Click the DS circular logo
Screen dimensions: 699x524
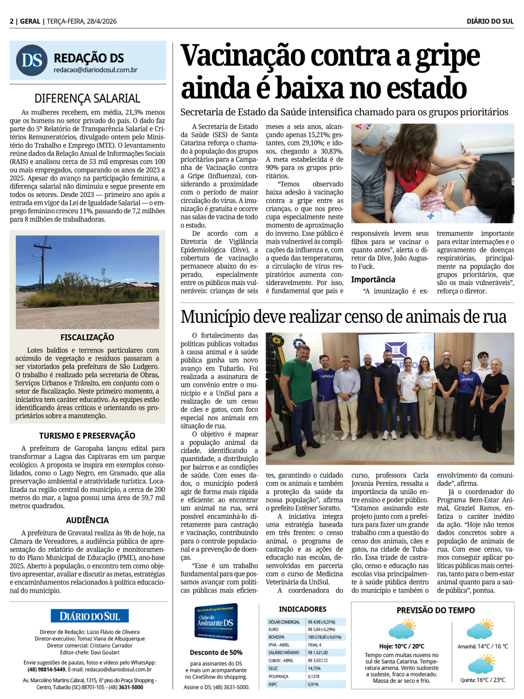[31, 60]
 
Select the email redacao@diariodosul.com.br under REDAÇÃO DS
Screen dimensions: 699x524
[95, 70]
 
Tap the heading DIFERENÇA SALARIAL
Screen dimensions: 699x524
[88, 99]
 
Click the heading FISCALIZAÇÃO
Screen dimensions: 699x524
[87, 337]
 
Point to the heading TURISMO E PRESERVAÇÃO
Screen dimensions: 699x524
[87, 435]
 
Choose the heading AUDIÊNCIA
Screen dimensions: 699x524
[87, 520]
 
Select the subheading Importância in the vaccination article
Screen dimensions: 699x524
[373, 280]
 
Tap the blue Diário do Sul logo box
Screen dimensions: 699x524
[90, 616]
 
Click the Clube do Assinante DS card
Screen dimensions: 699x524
[216, 622]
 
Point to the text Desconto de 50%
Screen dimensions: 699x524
[216, 652]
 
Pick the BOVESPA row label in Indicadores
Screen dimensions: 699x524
[277, 637]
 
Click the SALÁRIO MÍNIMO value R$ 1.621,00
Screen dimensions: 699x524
[318, 653]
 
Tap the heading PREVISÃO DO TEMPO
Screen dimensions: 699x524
[435, 610]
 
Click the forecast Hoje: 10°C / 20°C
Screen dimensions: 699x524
[401, 647]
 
